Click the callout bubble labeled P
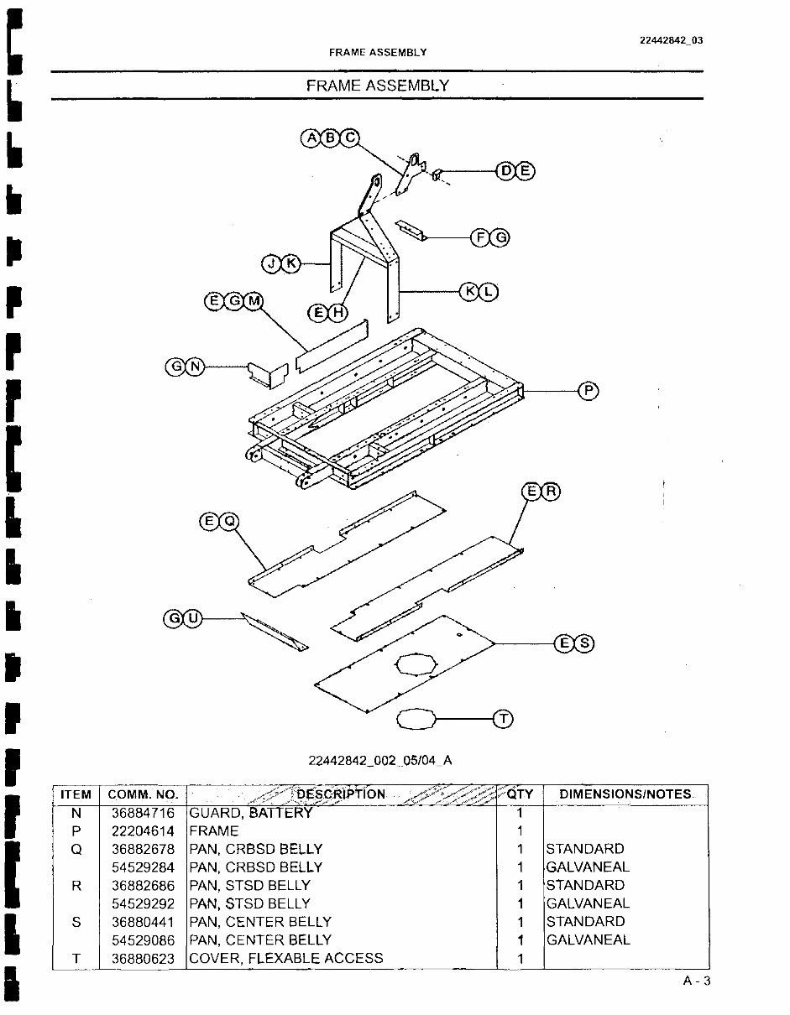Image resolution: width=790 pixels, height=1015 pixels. pyautogui.click(x=589, y=391)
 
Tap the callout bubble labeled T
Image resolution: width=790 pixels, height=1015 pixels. pyautogui.click(x=503, y=719)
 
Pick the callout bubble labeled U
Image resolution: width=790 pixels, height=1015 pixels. pyautogui.click(x=193, y=619)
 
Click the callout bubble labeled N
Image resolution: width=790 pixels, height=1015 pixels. pyautogui.click(x=195, y=367)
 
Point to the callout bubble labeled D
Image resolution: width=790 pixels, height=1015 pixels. pyautogui.click(x=506, y=171)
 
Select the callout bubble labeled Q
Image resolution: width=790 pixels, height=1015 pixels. pyautogui.click(x=228, y=523)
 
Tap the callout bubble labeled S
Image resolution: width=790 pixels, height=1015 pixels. pyautogui.click(x=584, y=643)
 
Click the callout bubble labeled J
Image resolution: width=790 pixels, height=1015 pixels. pyautogui.click(x=271, y=264)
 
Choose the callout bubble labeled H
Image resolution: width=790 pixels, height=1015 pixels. pyautogui.click(x=337, y=313)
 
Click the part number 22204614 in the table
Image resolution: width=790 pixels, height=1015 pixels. pyautogui.click(x=143, y=831)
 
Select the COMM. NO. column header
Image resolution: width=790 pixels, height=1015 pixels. pyautogui.click(x=143, y=794)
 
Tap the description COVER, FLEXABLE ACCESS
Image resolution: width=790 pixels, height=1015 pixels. pyautogui.click(x=286, y=958)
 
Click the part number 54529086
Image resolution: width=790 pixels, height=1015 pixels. pyautogui.click(x=143, y=940)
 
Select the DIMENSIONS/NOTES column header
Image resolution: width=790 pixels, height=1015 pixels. pyautogui.click(x=626, y=794)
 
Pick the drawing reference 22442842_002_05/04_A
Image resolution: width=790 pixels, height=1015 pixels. pyautogui.click(x=380, y=761)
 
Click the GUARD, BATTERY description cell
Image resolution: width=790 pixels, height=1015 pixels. pyautogui.click(x=250, y=813)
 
